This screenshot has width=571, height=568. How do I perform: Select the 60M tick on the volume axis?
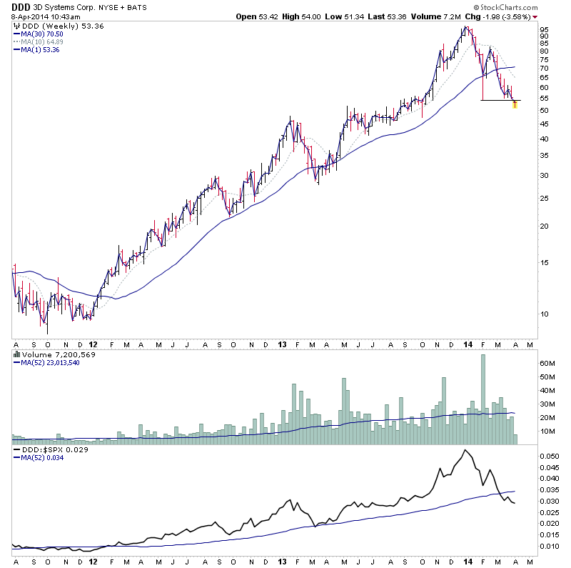(547, 363)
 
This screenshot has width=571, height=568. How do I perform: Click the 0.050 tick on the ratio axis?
(549, 455)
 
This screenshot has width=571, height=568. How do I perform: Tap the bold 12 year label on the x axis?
(94, 344)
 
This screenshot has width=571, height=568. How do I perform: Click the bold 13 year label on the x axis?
(283, 344)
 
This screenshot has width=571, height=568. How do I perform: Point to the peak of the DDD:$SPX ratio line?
(465, 450)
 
